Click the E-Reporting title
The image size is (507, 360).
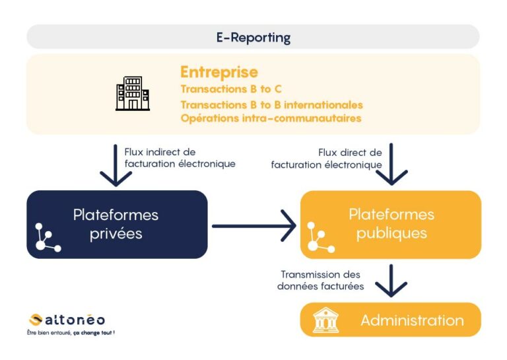pyautogui.click(x=253, y=37)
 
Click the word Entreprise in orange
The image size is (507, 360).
pyautogui.click(x=219, y=72)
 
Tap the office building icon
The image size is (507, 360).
pyautogui.click(x=133, y=94)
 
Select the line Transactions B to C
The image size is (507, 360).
pyautogui.click(x=231, y=88)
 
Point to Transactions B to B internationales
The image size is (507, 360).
pyautogui.click(x=271, y=104)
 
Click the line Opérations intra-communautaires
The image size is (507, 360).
pyautogui.click(x=271, y=118)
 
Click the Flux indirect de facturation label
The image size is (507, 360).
pyautogui.click(x=180, y=158)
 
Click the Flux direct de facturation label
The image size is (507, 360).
pyautogui.click(x=327, y=159)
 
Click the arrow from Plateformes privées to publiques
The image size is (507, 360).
pyautogui.click(x=253, y=226)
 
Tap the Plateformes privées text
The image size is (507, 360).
pyautogui.click(x=116, y=224)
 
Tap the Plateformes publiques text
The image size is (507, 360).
pyautogui.click(x=391, y=223)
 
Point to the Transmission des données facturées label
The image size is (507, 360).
pyautogui.click(x=322, y=280)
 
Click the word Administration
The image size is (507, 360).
pyautogui.click(x=412, y=320)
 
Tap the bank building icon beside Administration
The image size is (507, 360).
pyautogui.click(x=325, y=320)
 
